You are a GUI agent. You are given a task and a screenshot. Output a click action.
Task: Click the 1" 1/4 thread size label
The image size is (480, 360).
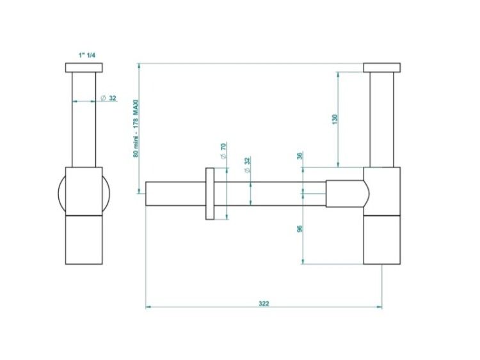(87, 56)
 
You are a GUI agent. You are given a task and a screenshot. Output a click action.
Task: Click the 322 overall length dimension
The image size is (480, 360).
(264, 304)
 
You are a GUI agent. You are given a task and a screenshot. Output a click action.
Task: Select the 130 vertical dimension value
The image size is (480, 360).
(335, 119)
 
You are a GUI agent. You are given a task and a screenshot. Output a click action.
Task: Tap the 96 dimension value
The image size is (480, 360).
(300, 228)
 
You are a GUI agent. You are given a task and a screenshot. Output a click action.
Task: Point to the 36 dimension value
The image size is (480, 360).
(300, 155)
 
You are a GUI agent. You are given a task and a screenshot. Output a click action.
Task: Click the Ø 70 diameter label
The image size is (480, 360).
(223, 150)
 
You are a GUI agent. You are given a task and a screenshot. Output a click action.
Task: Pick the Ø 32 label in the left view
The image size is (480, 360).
(109, 98)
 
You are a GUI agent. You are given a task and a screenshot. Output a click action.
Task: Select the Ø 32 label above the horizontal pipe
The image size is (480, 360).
(247, 164)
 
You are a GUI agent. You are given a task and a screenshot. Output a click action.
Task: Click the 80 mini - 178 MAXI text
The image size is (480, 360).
(136, 129)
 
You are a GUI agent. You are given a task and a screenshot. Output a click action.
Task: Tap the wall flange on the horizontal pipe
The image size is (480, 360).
(210, 194)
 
